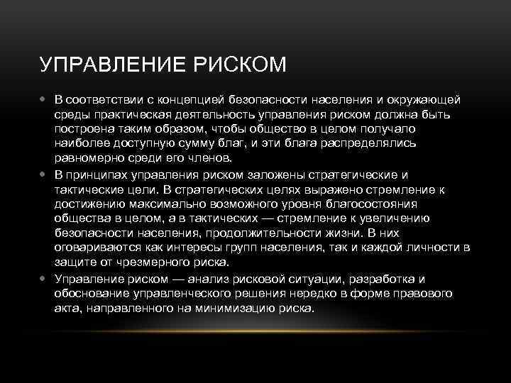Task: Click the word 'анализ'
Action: coord(214,279)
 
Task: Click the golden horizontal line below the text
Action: coord(255,331)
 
